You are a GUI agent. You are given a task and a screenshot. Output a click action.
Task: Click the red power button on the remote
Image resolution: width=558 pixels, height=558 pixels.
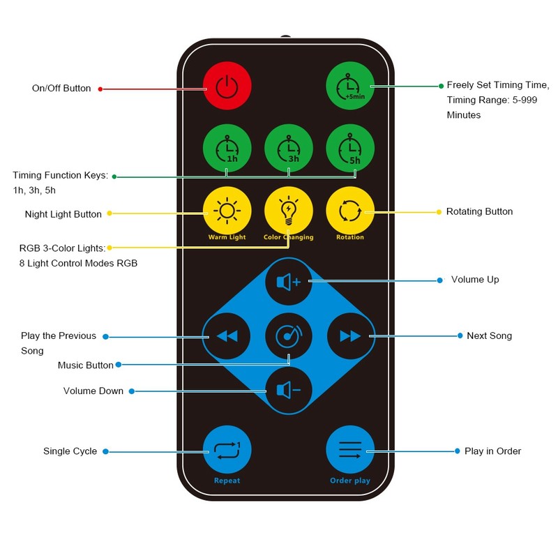[x=227, y=86]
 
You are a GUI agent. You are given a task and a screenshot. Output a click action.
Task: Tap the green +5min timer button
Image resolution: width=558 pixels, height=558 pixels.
[x=350, y=86]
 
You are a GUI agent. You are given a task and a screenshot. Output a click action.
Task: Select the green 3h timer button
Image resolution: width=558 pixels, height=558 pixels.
[x=289, y=148]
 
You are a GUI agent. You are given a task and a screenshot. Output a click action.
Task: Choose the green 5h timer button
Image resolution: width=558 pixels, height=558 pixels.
[x=350, y=148]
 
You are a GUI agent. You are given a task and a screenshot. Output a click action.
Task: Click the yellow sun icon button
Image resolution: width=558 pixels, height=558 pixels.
[x=227, y=211]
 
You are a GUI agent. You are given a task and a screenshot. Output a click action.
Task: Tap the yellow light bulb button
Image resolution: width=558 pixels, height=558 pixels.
[x=289, y=211]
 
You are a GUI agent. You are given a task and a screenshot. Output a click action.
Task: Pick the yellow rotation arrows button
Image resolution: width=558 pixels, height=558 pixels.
[x=350, y=211]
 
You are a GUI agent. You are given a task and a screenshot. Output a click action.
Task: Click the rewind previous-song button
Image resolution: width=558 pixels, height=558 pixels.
[x=227, y=336]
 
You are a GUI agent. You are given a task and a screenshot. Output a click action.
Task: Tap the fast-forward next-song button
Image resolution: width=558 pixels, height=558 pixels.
[x=351, y=336]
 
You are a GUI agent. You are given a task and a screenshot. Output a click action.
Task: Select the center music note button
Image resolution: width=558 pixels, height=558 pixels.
[x=289, y=336]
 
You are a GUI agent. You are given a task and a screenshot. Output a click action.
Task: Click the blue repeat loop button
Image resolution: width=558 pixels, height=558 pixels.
[x=227, y=449]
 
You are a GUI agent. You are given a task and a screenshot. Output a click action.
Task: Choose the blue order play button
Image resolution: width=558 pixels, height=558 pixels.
[x=350, y=449]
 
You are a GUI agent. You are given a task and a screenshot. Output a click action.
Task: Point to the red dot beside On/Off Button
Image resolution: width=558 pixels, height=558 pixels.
[x=100, y=89]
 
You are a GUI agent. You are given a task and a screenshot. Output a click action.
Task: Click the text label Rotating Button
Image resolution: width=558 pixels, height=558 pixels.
[x=479, y=211]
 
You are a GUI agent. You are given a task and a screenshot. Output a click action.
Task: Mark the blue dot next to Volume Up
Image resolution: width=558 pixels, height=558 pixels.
[x=440, y=280]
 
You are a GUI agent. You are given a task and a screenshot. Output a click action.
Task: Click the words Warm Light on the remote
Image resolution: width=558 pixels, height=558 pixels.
[x=227, y=237]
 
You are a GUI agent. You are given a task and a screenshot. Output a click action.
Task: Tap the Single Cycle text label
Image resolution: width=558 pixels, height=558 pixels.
[x=70, y=451]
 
